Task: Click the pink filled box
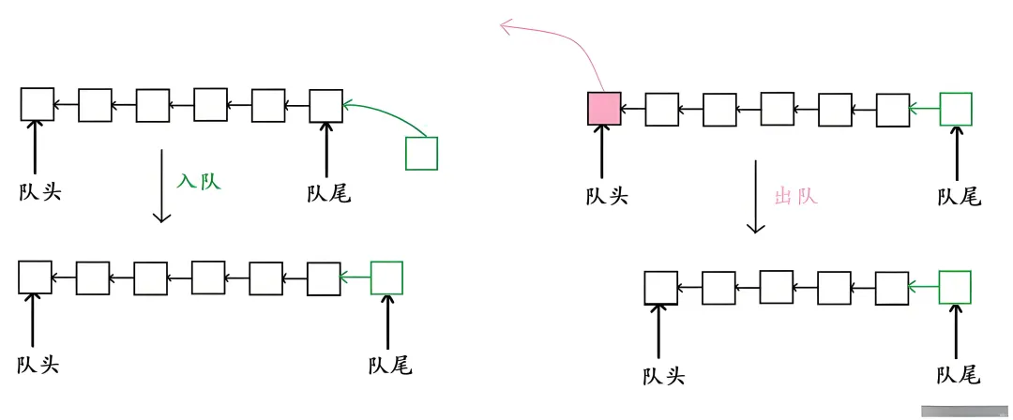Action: click(604, 109)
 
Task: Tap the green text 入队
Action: click(198, 181)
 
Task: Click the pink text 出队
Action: click(796, 197)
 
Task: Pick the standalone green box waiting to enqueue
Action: click(421, 154)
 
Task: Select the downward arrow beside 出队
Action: click(756, 197)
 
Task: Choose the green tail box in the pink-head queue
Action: click(957, 109)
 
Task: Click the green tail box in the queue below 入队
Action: click(386, 277)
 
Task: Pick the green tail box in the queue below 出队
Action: click(955, 288)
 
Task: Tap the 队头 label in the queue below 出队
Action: click(663, 377)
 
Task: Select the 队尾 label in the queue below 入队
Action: click(389, 365)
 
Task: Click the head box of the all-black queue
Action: click(38, 104)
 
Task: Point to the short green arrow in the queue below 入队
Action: click(355, 277)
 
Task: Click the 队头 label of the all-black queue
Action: click(39, 194)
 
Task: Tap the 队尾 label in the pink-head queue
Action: click(959, 197)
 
